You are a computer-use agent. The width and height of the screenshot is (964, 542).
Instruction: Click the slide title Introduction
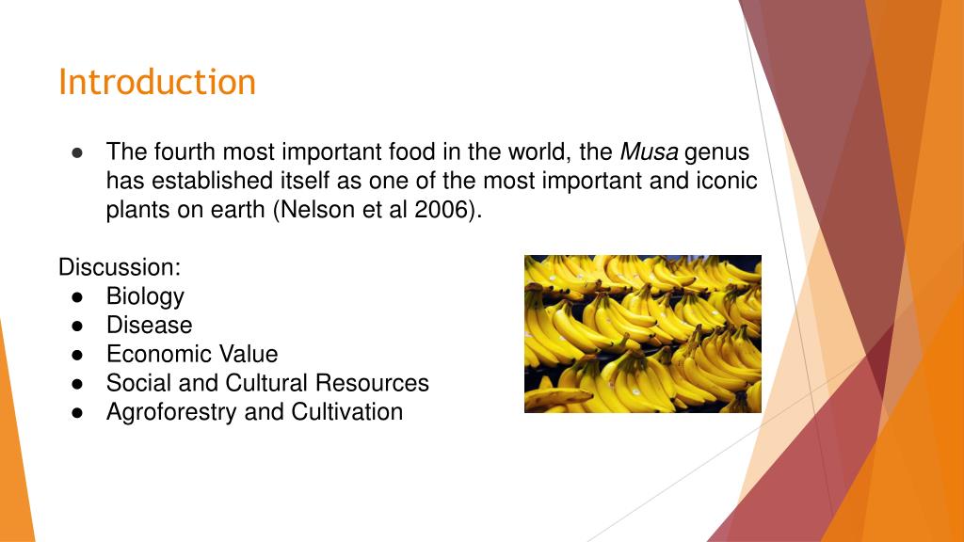point(156,82)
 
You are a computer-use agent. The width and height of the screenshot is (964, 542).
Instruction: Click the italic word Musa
point(649,151)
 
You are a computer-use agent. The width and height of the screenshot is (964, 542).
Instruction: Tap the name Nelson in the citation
point(317,210)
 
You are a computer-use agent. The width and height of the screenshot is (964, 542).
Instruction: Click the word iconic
point(726,181)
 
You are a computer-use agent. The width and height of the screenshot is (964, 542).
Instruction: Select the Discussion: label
point(120,267)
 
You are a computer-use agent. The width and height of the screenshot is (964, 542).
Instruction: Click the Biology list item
point(145,297)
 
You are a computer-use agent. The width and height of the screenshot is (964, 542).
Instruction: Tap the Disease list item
point(149,326)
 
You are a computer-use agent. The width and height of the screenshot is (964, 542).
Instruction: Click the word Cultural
point(267,384)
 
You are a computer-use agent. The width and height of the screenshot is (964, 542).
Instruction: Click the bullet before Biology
point(78,296)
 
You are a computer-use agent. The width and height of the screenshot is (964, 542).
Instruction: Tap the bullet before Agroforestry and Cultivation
point(78,412)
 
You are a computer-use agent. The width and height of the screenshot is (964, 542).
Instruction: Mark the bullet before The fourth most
point(78,151)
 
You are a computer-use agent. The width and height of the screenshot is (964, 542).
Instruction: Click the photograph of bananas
point(642,334)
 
